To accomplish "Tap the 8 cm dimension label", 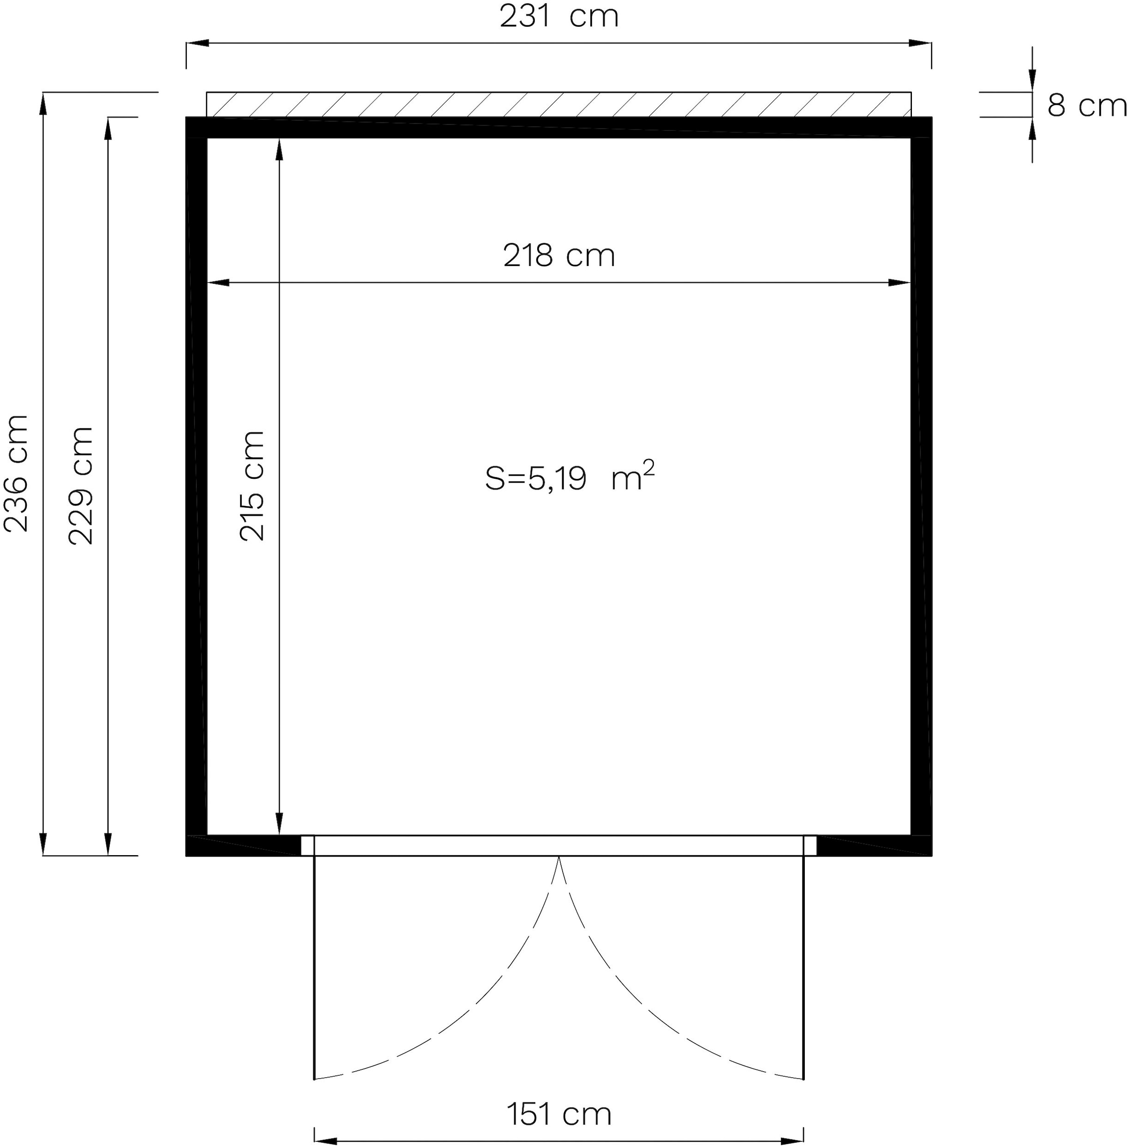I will point(1086,106).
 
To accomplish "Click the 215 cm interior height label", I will point(252,486).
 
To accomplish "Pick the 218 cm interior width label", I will point(559,256).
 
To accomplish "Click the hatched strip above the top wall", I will point(559,104).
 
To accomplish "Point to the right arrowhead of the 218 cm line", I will point(899,283).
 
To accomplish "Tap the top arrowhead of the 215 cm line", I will point(279,149).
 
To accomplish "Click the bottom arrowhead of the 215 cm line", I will point(279,823).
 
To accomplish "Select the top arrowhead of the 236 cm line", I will point(43,104).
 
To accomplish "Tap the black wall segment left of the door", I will point(243,846).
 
